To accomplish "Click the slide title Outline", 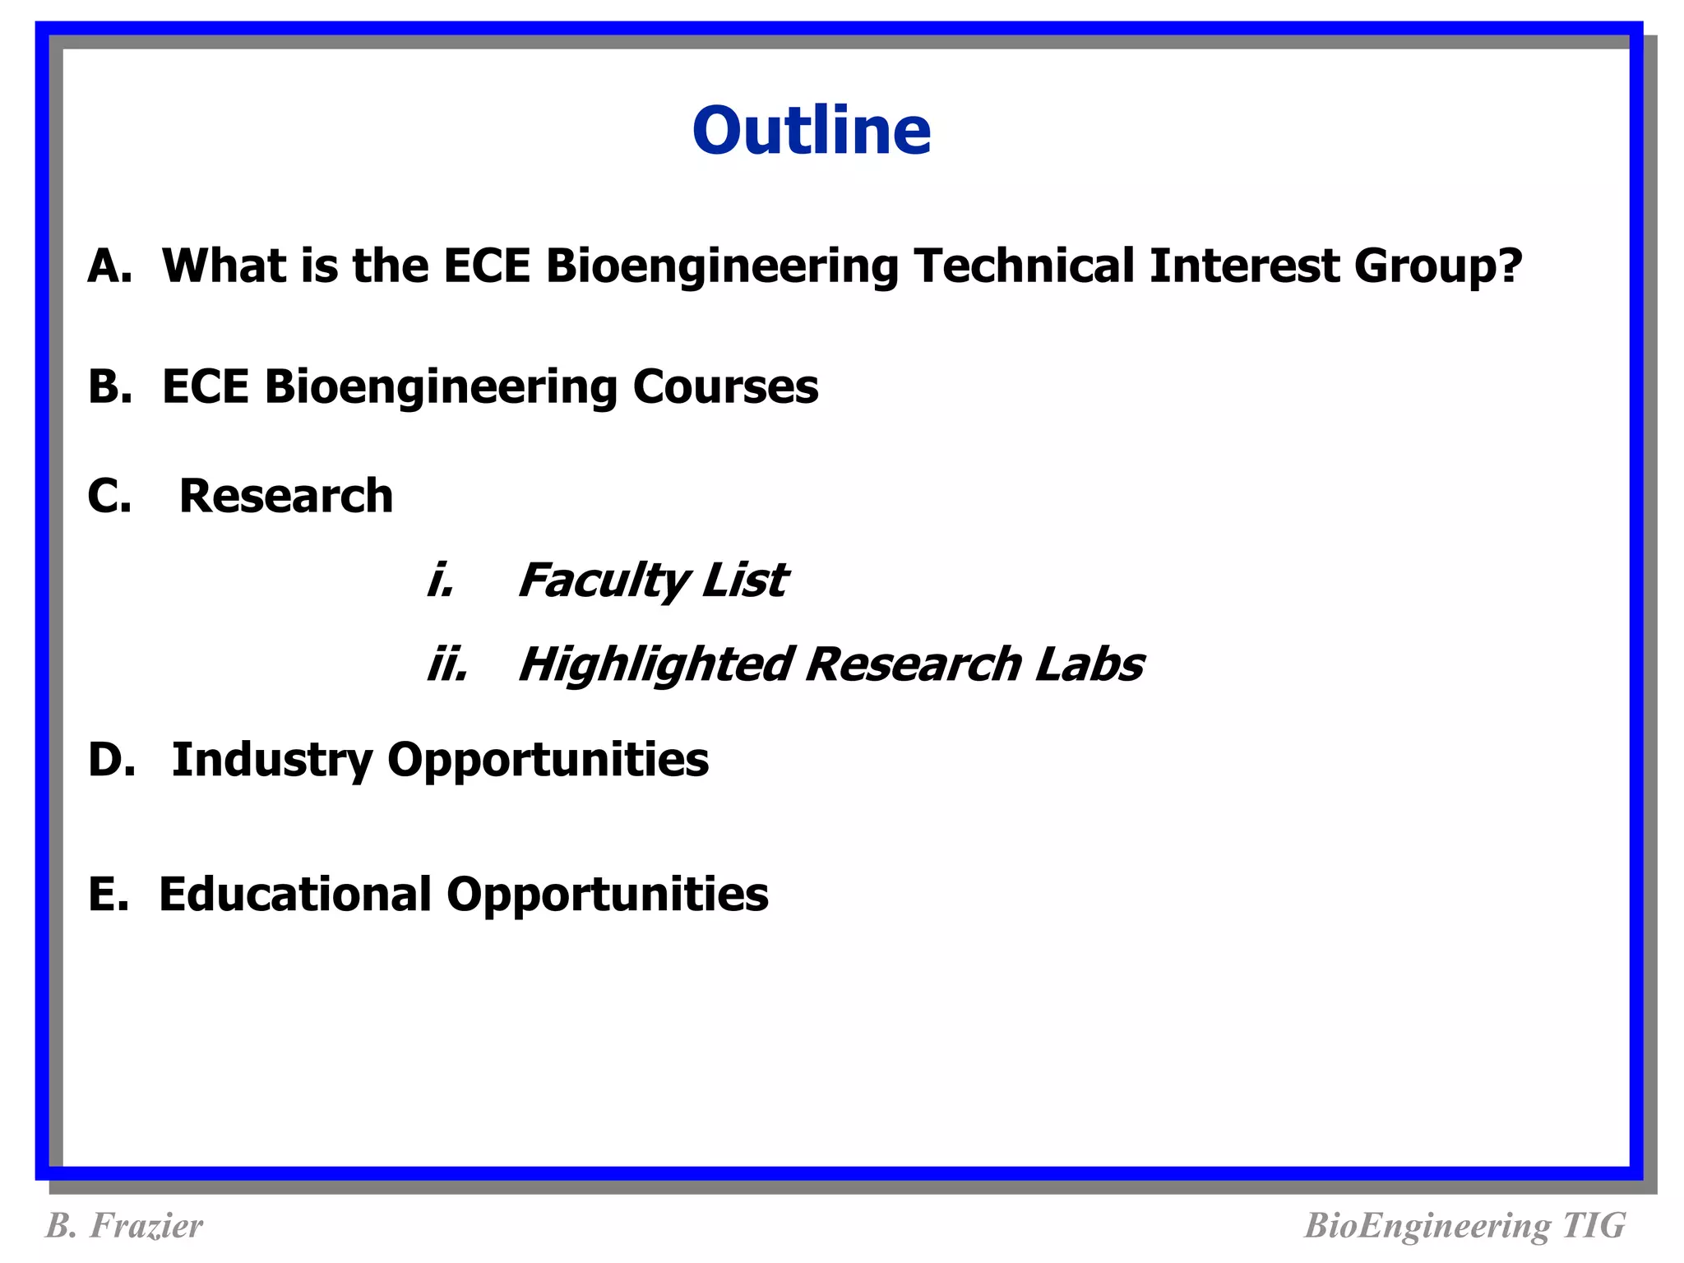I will (x=811, y=132).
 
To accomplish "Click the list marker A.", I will (x=109, y=266).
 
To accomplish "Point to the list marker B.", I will (x=109, y=386).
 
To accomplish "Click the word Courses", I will (x=724, y=386).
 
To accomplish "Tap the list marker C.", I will (x=109, y=497).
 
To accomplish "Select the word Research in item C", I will (x=286, y=497).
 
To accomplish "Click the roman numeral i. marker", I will (x=441, y=581).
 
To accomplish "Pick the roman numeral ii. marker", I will (x=447, y=664).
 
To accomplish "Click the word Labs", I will (x=1089, y=664).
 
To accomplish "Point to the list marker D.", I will (x=111, y=760).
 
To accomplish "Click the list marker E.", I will (x=108, y=895).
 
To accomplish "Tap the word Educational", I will (x=295, y=895).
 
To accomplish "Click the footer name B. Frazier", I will (x=124, y=1226).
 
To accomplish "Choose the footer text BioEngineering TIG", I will (x=1464, y=1226).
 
